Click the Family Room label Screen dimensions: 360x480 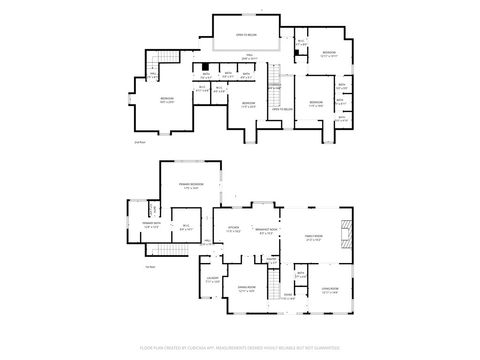coord(316,238)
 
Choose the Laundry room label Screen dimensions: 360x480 coord(213,281)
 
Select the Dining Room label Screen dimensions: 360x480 coord(245,291)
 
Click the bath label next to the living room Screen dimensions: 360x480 coord(300,273)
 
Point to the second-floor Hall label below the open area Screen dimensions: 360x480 coord(249,58)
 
